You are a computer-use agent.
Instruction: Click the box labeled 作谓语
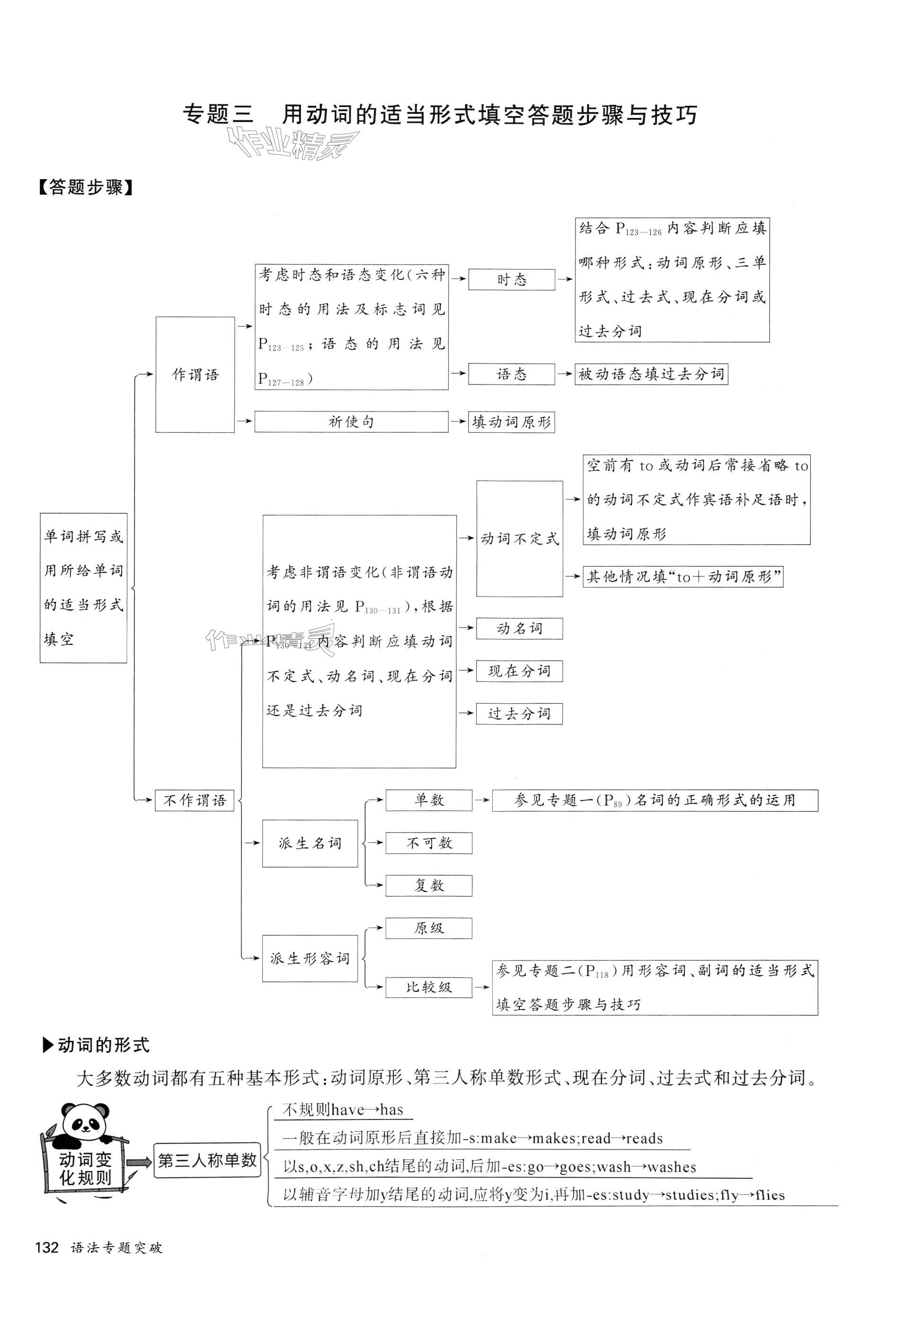point(195,374)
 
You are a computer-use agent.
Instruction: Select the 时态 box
point(511,279)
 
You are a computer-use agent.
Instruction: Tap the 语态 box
point(511,374)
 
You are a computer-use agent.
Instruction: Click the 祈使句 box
point(351,421)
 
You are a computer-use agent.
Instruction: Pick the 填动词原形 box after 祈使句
point(511,422)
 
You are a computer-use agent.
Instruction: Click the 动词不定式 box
point(519,538)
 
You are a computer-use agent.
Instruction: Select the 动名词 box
point(519,628)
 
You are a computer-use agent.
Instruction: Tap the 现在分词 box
point(519,671)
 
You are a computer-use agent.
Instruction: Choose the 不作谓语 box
point(194,800)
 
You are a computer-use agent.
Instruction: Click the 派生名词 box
point(310,843)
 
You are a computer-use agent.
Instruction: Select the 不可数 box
point(428,843)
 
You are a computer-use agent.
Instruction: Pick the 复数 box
point(428,886)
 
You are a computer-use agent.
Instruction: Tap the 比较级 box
point(428,987)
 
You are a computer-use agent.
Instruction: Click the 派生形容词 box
point(310,959)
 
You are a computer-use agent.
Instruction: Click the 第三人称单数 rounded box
point(207,1160)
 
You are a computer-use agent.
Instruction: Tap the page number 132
point(47,1248)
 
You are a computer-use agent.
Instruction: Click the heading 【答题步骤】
point(85,187)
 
